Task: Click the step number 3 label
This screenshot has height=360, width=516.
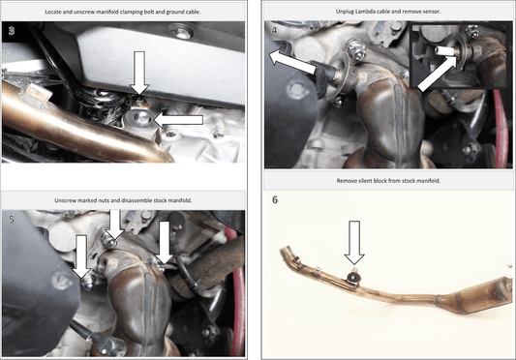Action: tap(12, 31)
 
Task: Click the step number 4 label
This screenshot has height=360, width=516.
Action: tap(274, 30)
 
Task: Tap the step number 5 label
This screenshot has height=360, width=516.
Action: tap(12, 219)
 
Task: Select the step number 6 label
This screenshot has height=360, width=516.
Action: tap(275, 199)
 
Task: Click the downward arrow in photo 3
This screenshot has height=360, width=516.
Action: tap(139, 73)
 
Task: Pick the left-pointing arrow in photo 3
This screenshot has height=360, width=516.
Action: tap(178, 120)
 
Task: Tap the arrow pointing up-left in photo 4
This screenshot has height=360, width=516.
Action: tap(292, 62)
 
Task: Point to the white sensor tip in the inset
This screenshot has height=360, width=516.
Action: tap(443, 50)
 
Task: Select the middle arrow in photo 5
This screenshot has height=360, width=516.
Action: tap(114, 225)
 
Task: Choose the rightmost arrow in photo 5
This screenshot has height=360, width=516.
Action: tap(165, 243)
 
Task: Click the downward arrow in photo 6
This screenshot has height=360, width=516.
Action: tap(354, 243)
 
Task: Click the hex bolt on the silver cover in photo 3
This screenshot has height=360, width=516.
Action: tap(181, 33)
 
